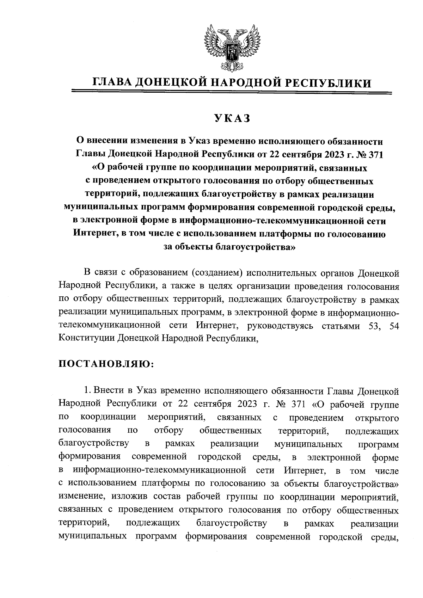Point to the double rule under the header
[x=232, y=93]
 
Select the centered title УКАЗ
[x=232, y=118]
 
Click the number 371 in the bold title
[x=375, y=154]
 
